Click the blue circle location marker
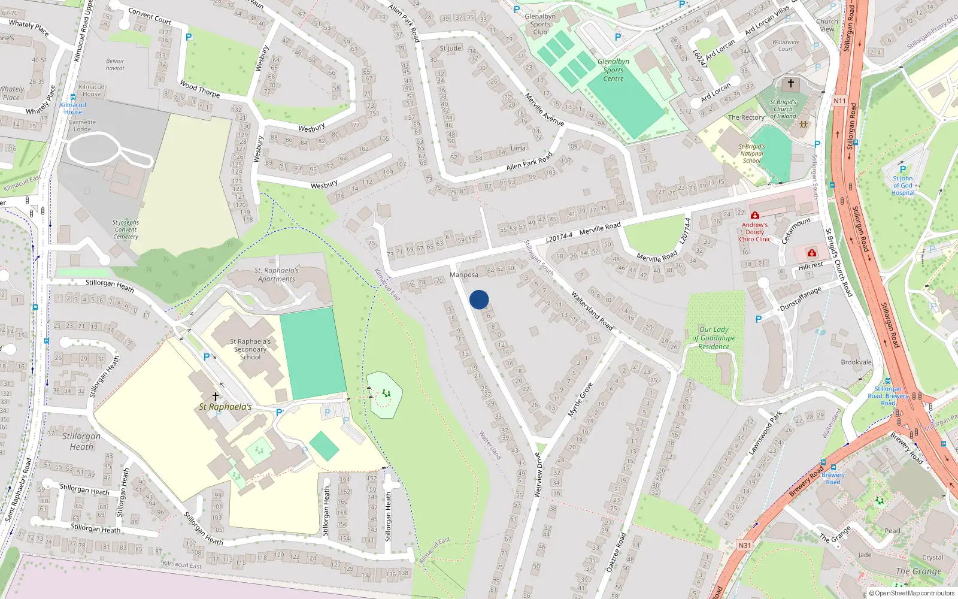(479, 299)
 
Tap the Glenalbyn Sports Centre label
(613, 70)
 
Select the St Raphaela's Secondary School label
(250, 349)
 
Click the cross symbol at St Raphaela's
(216, 397)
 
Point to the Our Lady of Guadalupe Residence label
(714, 338)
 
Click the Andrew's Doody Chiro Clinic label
(754, 232)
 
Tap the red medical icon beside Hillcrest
(811, 253)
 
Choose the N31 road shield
(744, 545)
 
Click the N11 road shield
(839, 101)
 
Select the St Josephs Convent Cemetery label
(126, 229)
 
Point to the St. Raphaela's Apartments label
(276, 274)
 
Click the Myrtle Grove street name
(580, 400)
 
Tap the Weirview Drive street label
(538, 475)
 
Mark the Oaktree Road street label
(616, 552)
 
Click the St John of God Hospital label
(902, 185)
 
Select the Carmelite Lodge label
(82, 126)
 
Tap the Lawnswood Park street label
(765, 432)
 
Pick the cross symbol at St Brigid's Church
(790, 83)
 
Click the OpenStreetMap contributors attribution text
(911, 594)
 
